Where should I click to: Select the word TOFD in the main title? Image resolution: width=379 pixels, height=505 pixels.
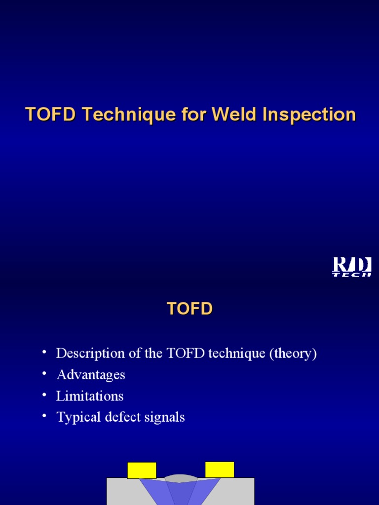tap(51, 114)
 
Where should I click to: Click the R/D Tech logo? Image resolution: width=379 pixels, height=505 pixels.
tap(351, 267)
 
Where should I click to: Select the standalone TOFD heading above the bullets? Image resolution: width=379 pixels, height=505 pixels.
tap(189, 309)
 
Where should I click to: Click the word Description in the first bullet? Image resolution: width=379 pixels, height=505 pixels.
tap(91, 354)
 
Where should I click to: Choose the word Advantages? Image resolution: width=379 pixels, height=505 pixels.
tap(91, 375)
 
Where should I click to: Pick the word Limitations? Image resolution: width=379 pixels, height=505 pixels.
tap(90, 396)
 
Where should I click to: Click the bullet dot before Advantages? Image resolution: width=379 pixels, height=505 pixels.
tap(45, 373)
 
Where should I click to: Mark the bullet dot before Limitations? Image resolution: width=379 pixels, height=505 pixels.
tap(45, 395)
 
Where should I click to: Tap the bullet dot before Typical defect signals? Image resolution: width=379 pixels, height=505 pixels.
tap(45, 416)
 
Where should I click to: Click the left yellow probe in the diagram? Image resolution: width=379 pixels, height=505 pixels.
tap(142, 470)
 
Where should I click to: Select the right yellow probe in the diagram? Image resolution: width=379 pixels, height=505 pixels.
tap(220, 469)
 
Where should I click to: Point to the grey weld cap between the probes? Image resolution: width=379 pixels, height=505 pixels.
tap(181, 478)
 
